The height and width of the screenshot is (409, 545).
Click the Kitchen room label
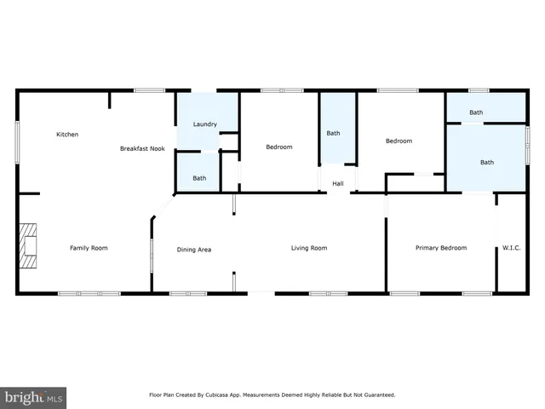tap(67, 135)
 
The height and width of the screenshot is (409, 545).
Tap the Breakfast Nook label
tap(141, 148)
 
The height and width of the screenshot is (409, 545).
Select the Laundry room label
tap(204, 124)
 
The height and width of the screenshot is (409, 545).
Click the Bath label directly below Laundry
tap(198, 178)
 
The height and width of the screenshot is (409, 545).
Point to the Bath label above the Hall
tap(333, 133)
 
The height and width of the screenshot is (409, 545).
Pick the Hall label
tap(337, 184)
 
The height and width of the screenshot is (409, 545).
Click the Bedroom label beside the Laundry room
tap(278, 147)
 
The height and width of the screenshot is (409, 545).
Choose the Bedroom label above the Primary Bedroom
tap(399, 141)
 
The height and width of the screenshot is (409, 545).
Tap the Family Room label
tap(89, 248)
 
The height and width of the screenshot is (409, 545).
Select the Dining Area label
tap(193, 250)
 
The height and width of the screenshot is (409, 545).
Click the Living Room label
tap(309, 248)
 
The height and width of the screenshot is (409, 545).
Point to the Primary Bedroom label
tap(440, 248)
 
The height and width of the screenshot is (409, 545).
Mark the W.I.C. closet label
tap(511, 248)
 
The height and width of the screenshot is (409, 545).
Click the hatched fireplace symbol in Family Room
tap(31, 246)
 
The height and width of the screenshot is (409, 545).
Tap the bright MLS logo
tap(33, 398)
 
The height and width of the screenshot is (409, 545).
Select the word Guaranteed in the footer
tap(376, 395)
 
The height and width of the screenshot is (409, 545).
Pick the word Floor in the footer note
tap(157, 395)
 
